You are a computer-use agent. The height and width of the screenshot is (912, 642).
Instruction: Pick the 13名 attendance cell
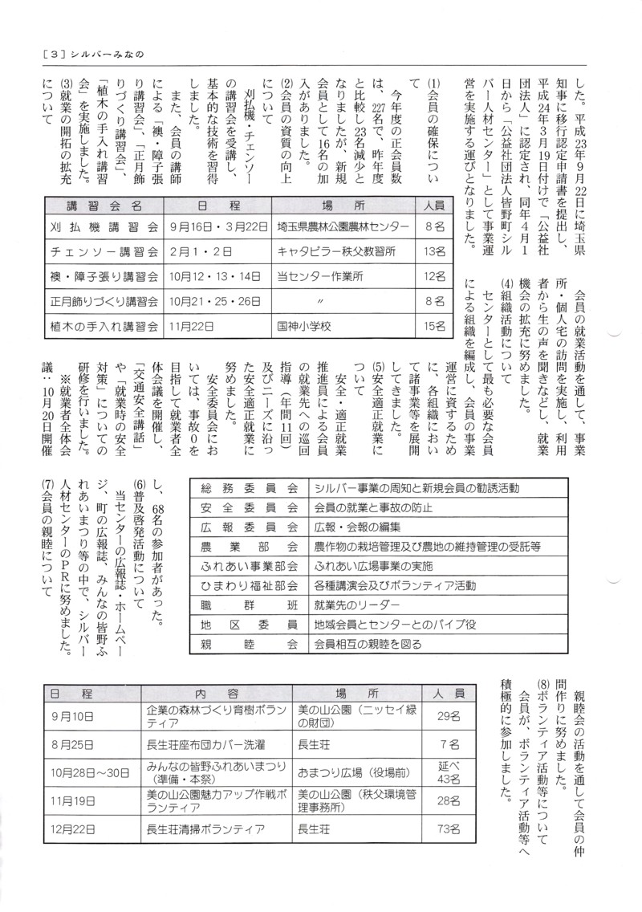pos(434,252)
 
